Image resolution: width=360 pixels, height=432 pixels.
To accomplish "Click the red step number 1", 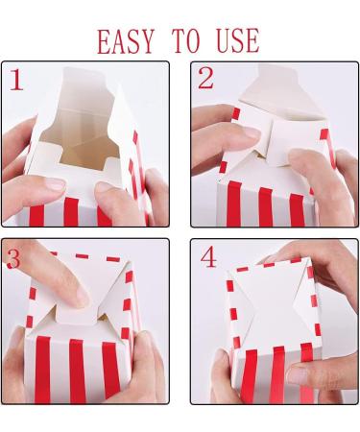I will tap(16, 80).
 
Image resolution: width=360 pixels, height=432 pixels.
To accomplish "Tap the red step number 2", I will tap(204, 79).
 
